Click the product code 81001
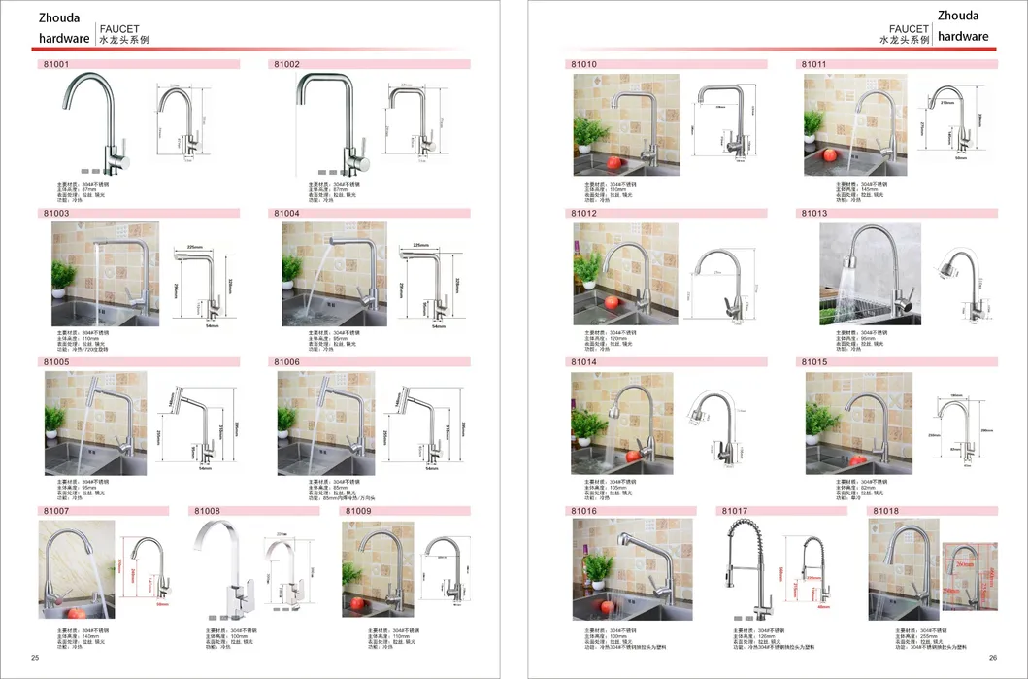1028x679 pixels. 56,64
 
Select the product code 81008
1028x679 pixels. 208,510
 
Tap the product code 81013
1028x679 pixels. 814,213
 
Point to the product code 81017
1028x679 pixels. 735,510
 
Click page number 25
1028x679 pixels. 36,658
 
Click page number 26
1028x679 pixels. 993,658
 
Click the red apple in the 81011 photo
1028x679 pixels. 827,154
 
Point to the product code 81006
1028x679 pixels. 286,361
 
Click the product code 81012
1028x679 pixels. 584,213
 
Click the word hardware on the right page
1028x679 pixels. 964,37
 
